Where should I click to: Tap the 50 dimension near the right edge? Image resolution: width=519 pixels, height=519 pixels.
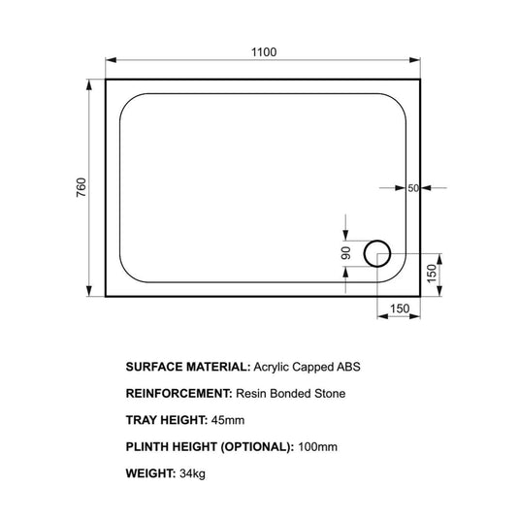[x=412, y=188]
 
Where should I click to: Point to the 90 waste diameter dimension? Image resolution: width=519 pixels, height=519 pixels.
[x=345, y=253]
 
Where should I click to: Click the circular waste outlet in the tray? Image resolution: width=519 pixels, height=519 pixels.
[x=377, y=254]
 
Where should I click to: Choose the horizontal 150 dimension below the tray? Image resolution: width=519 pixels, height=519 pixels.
[x=399, y=308]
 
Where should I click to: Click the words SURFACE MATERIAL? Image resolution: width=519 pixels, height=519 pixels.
[x=186, y=368]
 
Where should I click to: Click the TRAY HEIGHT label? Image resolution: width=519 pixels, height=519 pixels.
[x=167, y=420]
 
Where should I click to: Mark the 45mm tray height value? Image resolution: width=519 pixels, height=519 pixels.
[x=231, y=420]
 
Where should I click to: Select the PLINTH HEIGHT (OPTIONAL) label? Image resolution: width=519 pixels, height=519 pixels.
[x=210, y=446]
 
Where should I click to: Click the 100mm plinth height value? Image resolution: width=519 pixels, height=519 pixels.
[x=319, y=446]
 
